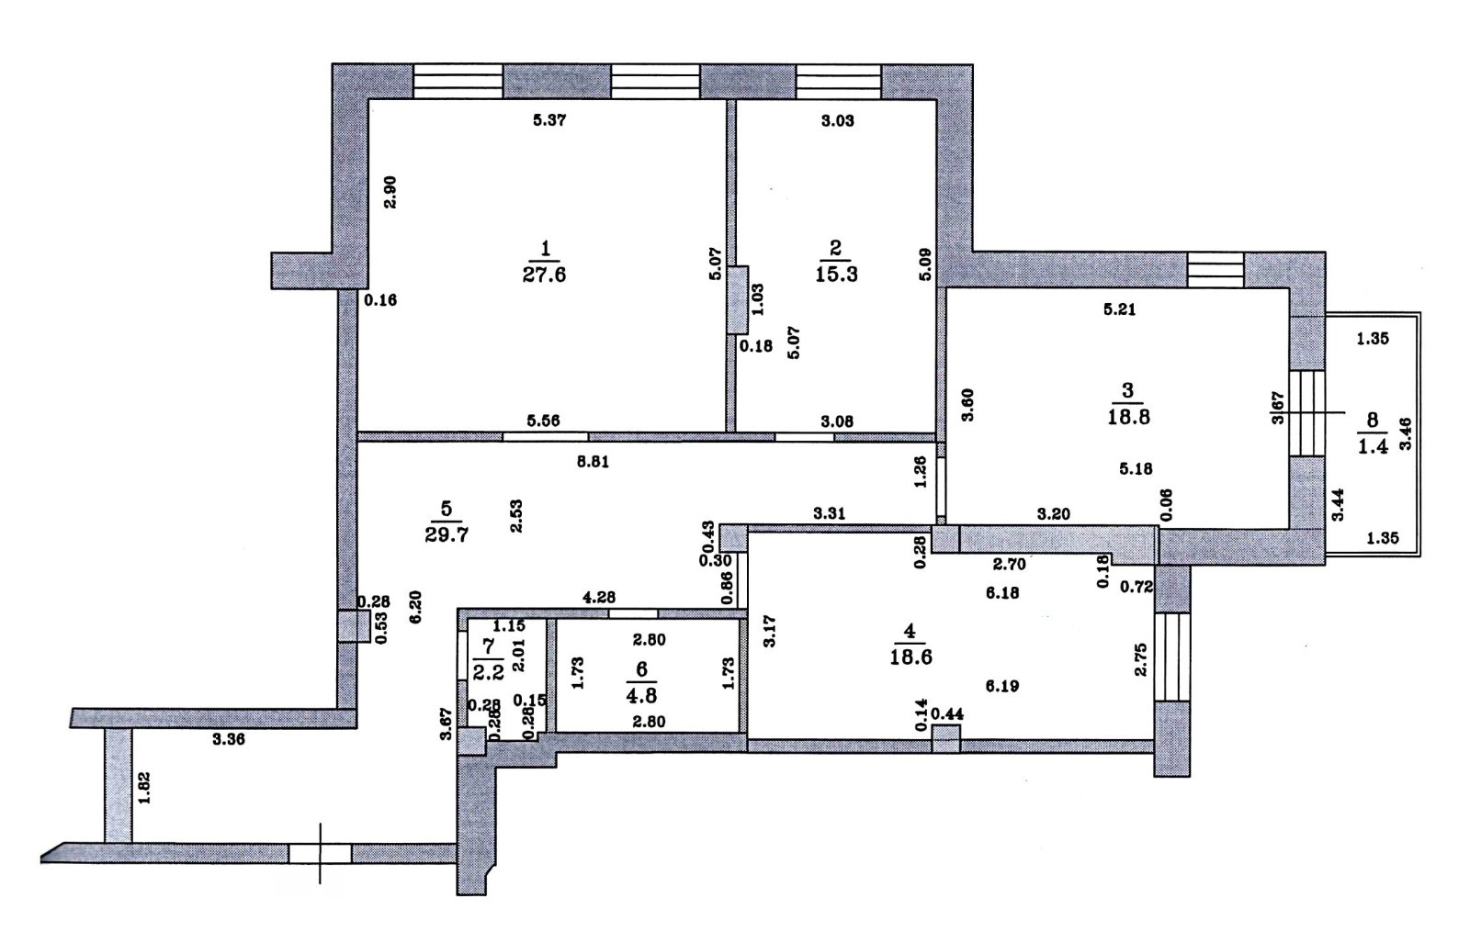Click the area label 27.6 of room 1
click(x=544, y=275)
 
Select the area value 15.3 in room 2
click(x=836, y=275)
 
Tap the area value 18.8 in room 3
click(x=1127, y=416)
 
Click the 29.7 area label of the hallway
click(x=447, y=534)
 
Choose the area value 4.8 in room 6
click(x=641, y=695)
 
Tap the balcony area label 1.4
click(x=1372, y=447)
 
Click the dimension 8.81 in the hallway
click(x=593, y=463)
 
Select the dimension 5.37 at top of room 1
click(x=549, y=120)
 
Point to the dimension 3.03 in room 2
click(x=837, y=120)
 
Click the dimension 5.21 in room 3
click(x=1119, y=309)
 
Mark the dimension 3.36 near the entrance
click(x=228, y=740)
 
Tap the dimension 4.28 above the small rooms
click(x=599, y=597)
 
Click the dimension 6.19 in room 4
click(x=1001, y=685)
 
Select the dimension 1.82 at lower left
click(x=143, y=788)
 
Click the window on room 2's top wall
click(x=838, y=81)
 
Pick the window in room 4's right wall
click(x=1171, y=657)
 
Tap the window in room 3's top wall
click(x=1215, y=269)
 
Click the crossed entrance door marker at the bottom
click(x=320, y=854)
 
